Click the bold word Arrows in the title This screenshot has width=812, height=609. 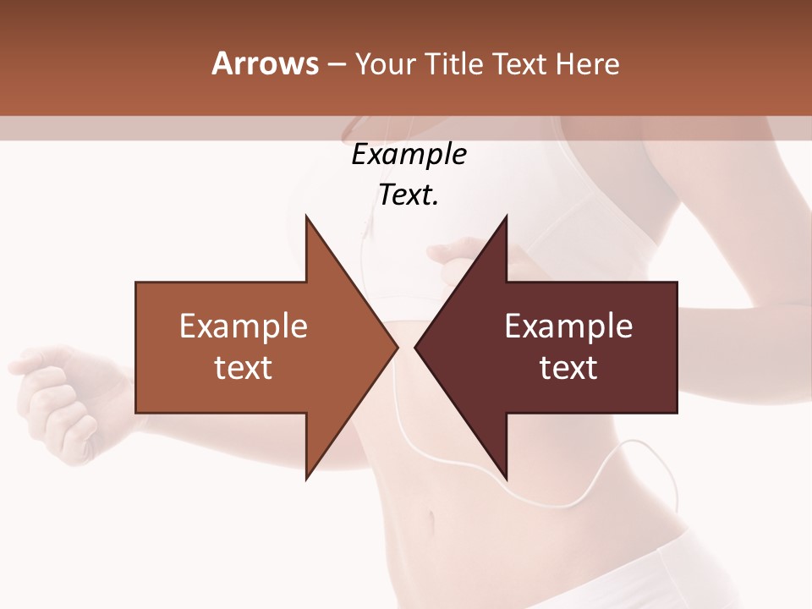coord(265,63)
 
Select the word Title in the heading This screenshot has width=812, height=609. coord(455,63)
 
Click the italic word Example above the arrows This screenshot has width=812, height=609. coord(409,155)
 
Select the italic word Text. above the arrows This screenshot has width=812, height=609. coord(409,195)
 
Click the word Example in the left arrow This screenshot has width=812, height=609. coord(243,326)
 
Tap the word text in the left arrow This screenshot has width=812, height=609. coord(243,367)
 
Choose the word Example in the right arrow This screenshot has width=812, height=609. coord(568,326)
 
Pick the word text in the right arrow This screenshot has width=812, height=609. coord(568,367)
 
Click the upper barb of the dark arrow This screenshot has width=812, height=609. coord(504,222)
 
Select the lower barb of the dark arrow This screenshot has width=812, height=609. coord(504,474)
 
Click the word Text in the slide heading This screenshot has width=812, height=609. coord(520,63)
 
